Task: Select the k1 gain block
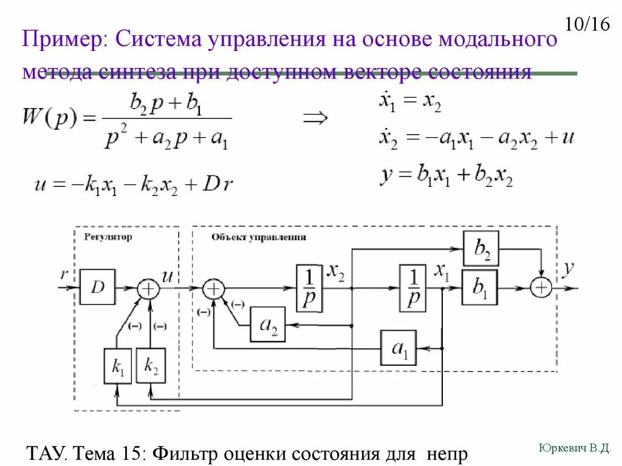click(118, 366)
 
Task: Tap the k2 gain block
click(151, 366)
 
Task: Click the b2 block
click(481, 248)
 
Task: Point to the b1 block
click(479, 287)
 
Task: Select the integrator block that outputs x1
click(413, 288)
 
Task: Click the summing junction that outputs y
click(540, 288)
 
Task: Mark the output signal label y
click(568, 269)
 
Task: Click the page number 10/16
click(586, 25)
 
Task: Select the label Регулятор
click(108, 237)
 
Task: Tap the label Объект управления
click(259, 237)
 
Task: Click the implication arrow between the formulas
click(315, 118)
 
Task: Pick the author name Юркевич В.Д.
click(574, 448)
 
